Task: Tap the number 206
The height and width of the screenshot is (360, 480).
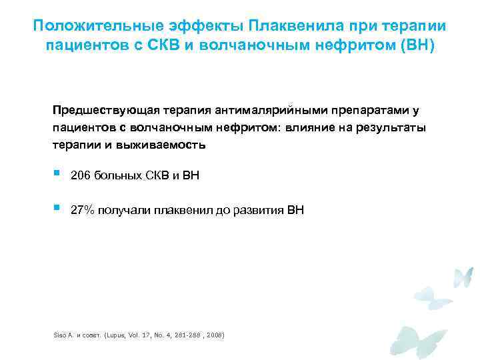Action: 81,175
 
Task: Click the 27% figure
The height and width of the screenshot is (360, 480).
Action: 83,211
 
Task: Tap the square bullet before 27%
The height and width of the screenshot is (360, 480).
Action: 56,209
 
